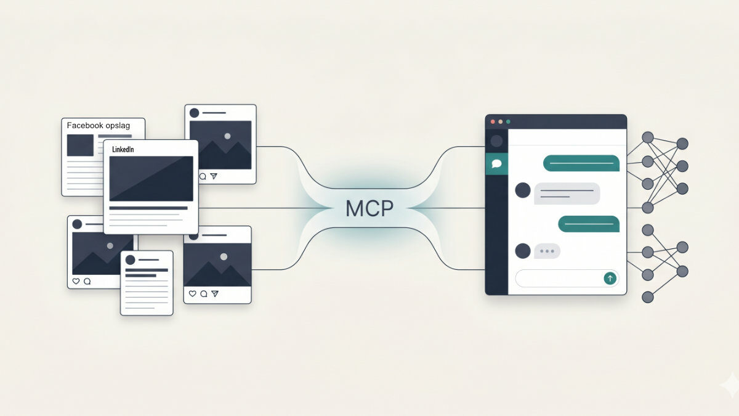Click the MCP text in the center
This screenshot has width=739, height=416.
coord(369,208)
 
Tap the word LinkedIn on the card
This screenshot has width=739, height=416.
coord(123,150)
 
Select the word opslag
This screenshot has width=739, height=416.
coord(118,126)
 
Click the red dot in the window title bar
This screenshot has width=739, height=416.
coord(493,122)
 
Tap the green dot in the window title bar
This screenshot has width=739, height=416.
coord(508,122)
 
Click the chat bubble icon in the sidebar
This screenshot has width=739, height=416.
coord(496,163)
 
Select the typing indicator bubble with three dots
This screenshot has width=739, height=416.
coord(547,251)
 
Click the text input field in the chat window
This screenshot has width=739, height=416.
coord(567,279)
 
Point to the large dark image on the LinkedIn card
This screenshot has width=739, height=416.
coord(151,179)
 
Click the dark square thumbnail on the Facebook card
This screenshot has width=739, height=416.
coord(80,145)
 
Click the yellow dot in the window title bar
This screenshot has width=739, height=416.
coord(501,122)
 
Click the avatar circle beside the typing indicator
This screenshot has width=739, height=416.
coord(523,251)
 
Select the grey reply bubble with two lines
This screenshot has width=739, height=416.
coord(567,194)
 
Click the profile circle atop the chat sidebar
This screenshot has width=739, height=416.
coord(496,141)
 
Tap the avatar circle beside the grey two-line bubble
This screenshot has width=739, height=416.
coord(523,190)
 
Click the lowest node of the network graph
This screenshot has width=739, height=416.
coord(648,297)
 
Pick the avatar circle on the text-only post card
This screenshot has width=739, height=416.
coord(131,260)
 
